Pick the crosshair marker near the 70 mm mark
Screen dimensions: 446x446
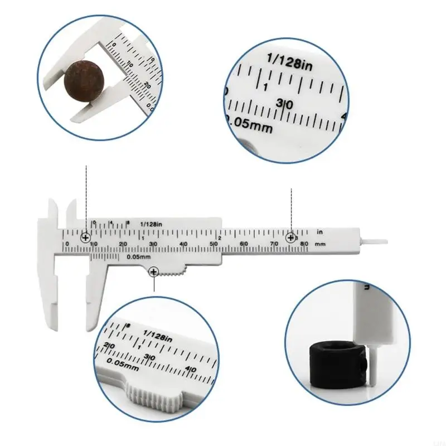click(291, 238)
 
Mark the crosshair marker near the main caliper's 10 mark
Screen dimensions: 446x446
click(86, 238)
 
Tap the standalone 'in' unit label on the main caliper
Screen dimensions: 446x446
click(320, 230)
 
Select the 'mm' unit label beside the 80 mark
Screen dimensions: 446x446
click(320, 244)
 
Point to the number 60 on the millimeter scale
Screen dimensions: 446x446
click(244, 244)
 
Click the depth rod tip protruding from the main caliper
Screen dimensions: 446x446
click(379, 241)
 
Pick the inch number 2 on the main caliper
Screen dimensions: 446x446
click(220, 238)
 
